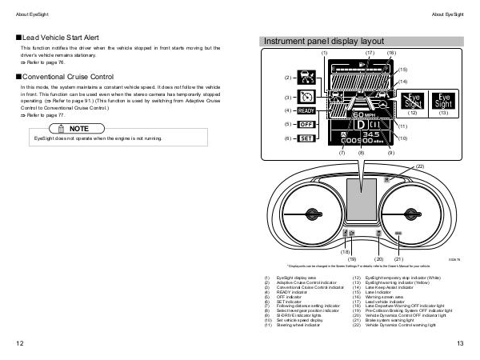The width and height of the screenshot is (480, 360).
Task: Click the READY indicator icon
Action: [306, 111]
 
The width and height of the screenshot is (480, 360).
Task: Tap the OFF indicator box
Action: [306, 125]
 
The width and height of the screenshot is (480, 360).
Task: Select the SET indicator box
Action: [306, 138]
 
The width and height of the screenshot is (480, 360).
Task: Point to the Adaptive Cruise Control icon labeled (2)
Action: [306, 78]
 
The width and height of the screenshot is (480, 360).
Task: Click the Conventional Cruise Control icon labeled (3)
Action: [306, 98]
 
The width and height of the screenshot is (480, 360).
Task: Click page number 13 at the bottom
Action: [460, 343]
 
